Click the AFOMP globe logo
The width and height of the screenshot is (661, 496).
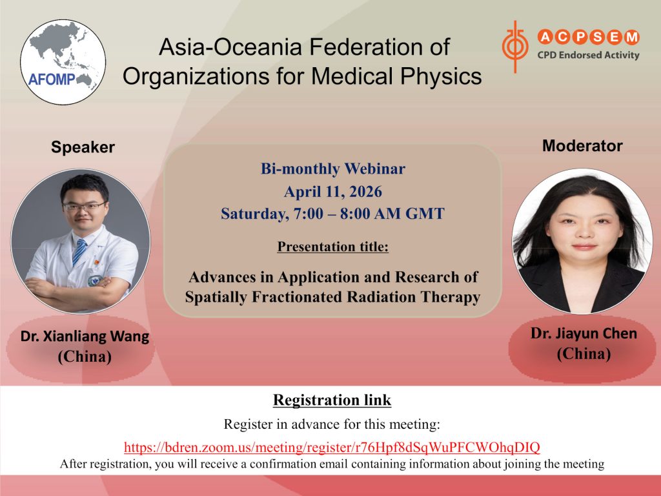tap(63, 62)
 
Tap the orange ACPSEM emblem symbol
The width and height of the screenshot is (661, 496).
tap(514, 46)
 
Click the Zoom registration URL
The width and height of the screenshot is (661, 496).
tap(332, 447)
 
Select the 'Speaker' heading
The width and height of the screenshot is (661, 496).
tap(83, 147)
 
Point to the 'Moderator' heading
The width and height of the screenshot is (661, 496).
tap(582, 145)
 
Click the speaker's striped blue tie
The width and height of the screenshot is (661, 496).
tap(79, 251)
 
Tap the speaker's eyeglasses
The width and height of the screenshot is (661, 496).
tap(83, 207)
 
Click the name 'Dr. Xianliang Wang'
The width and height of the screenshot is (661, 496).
tap(85, 336)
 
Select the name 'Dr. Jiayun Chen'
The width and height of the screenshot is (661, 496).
tap(584, 333)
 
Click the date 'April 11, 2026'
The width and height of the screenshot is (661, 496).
tap(332, 191)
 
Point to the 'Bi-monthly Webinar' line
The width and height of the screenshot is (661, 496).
tap(332, 169)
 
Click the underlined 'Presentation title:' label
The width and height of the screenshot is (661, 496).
tap(332, 246)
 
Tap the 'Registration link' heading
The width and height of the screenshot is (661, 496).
tap(332, 400)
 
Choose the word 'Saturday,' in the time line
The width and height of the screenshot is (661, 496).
tap(254, 214)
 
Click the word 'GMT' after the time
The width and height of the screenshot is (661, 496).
tap(425, 213)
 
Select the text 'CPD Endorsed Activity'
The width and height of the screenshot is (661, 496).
tap(588, 55)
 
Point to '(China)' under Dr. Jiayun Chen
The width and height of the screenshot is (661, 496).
tap(584, 353)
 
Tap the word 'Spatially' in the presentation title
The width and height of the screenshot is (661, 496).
tap(216, 297)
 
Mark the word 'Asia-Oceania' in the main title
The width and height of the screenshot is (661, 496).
tap(230, 46)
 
